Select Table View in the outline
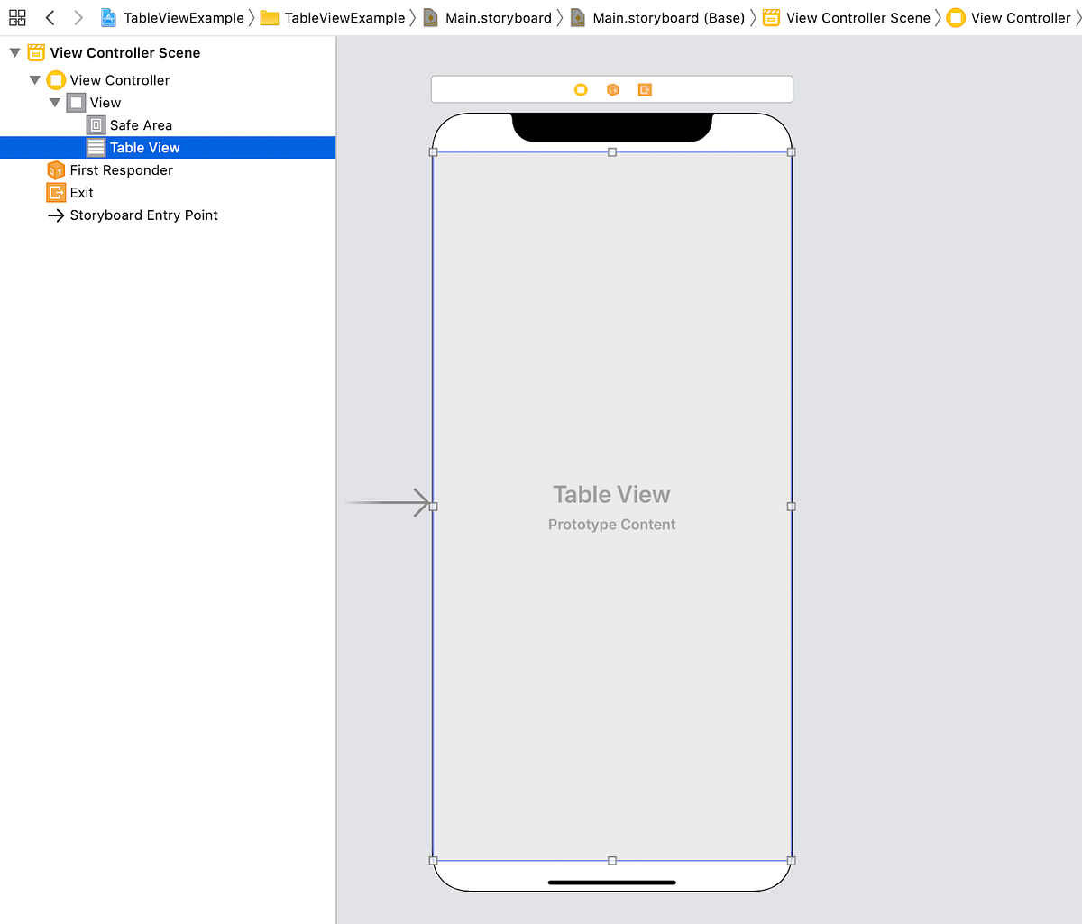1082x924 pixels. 144,148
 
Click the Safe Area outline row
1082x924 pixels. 141,125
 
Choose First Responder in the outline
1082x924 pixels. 121,170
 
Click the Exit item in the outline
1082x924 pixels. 81,193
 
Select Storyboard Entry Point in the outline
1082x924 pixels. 143,215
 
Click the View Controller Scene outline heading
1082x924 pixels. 125,53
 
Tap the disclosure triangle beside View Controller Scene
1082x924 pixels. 14,53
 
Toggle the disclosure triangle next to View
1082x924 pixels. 55,103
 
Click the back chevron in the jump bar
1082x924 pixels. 50,17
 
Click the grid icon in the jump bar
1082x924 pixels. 17,17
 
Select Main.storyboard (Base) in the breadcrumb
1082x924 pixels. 668,18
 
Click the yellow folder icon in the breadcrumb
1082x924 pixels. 270,18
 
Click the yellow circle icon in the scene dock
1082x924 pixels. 581,89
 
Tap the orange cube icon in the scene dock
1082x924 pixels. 613,89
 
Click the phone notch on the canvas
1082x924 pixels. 612,127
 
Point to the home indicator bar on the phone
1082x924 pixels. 612,883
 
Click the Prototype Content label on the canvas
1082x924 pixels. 611,525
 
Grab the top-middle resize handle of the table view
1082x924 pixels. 612,152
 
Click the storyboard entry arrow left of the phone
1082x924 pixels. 388,502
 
